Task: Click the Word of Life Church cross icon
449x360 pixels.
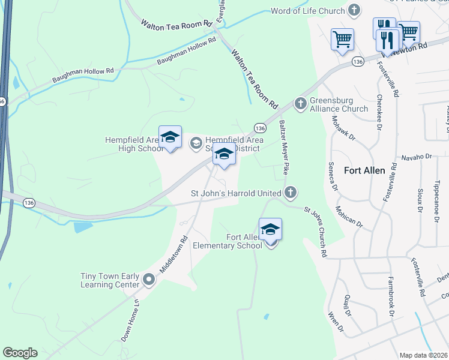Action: coord(354,10)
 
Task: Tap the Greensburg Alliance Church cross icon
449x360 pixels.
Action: coord(300,104)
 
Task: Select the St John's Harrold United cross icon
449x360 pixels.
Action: coord(290,193)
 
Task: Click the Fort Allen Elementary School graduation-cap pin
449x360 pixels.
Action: coord(270,229)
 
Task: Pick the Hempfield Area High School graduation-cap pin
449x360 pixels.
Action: coord(170,137)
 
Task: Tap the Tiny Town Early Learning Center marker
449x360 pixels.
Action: coord(149,280)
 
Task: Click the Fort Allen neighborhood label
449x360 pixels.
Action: coord(364,170)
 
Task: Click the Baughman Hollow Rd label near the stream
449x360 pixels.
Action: coord(186,52)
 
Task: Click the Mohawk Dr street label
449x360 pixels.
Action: coord(343,128)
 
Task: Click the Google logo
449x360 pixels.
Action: coord(20,353)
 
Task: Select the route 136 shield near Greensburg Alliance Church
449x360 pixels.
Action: coord(260,128)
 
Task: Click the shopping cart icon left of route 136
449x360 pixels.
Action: coord(342,40)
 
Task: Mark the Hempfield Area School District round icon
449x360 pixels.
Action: coord(196,143)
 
